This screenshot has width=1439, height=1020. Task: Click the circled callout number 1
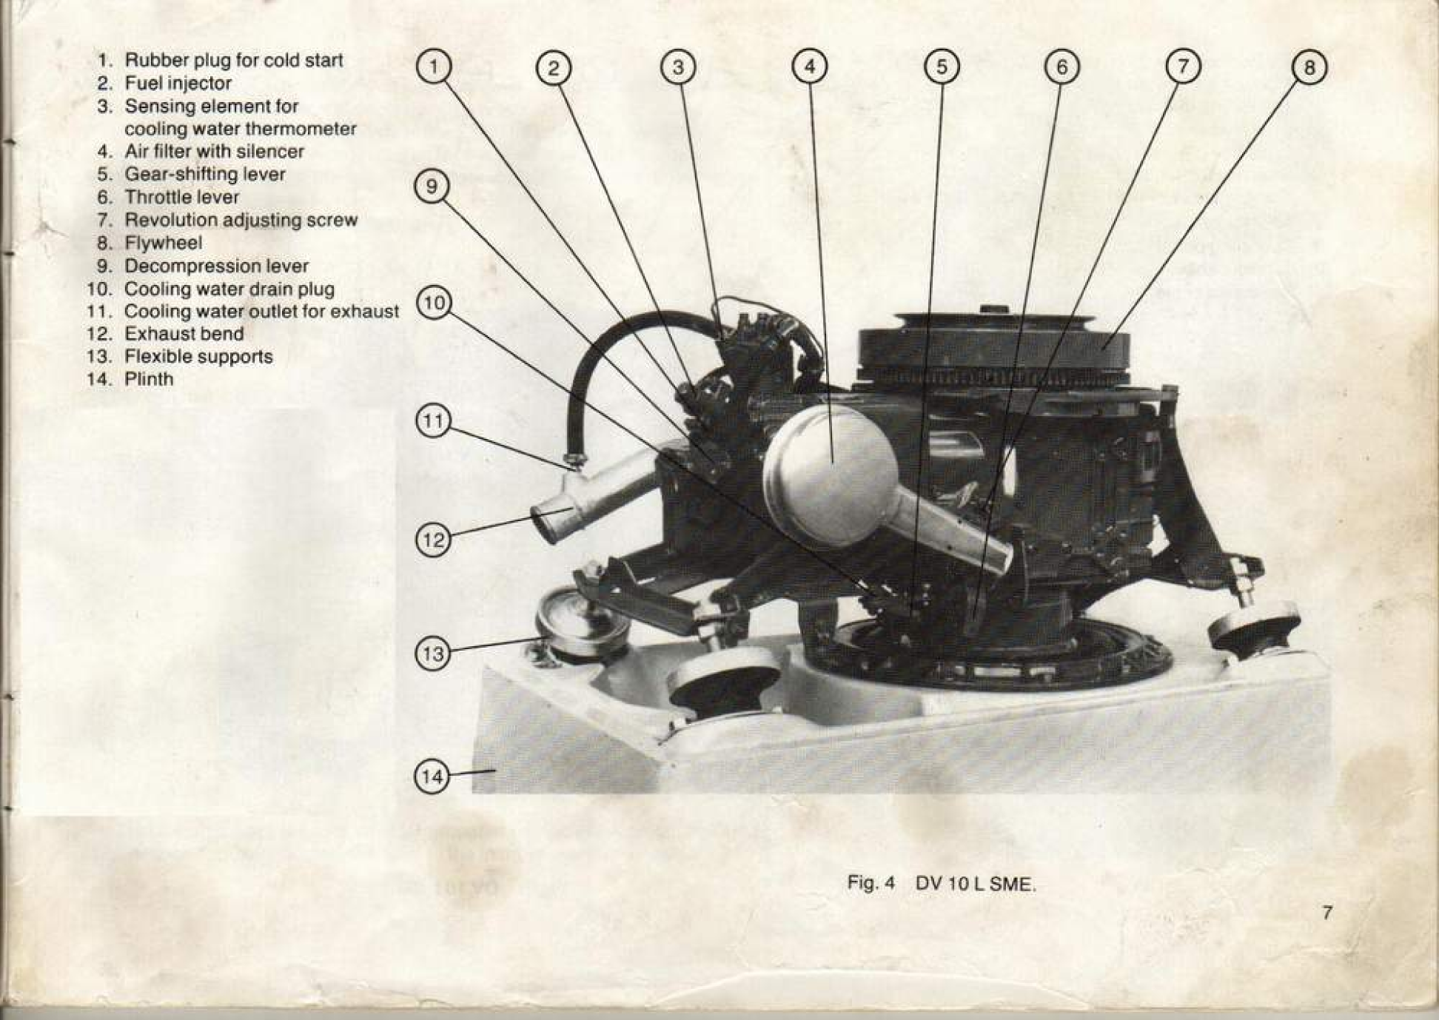(x=434, y=67)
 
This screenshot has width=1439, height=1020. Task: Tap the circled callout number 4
(x=809, y=67)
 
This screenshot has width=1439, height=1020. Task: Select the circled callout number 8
(x=1309, y=67)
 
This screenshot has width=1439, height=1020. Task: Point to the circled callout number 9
(x=432, y=186)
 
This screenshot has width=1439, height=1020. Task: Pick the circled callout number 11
(x=433, y=421)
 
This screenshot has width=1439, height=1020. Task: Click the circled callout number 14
(x=432, y=776)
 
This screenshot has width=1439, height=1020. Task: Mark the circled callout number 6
(x=1061, y=67)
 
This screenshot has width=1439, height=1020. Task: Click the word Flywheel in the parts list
(x=163, y=243)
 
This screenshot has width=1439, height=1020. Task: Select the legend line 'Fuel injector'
(x=178, y=83)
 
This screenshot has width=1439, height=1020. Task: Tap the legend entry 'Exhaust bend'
(x=184, y=334)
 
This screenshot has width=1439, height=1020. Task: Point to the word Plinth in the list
(x=149, y=379)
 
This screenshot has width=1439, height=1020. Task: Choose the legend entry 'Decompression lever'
(x=216, y=266)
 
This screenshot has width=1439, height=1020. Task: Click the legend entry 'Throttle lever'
(x=181, y=197)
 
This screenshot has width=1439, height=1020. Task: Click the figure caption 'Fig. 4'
(x=871, y=883)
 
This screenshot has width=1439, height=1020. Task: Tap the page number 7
(x=1327, y=912)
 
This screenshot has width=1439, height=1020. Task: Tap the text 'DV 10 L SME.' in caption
(x=976, y=884)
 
